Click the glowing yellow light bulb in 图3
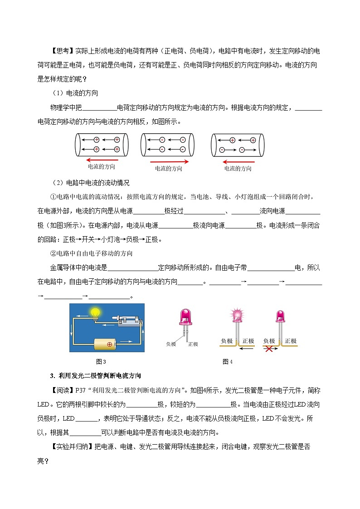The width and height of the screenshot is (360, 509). click(x=95, y=312)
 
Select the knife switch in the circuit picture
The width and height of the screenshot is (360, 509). click(x=127, y=320)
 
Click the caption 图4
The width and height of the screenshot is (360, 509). click(x=227, y=362)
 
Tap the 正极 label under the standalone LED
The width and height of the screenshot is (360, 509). click(x=193, y=344)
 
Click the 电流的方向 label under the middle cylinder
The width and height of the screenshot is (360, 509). click(x=169, y=169)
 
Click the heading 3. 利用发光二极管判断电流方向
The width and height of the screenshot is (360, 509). click(x=96, y=375)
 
